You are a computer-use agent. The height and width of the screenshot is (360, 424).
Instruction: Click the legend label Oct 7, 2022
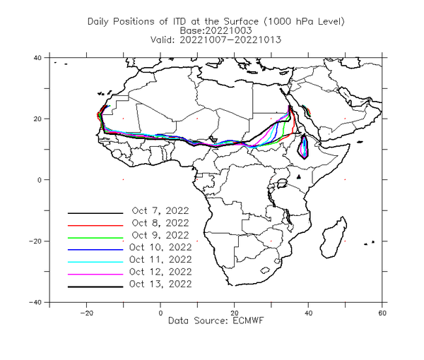tap(160, 210)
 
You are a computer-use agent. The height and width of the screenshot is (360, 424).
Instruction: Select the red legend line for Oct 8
tap(95, 225)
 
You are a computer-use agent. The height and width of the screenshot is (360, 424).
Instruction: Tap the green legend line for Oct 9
tap(95, 238)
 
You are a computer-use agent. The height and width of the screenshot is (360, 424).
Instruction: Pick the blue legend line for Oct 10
tap(95, 250)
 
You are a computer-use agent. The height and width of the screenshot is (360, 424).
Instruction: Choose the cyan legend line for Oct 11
tap(95, 262)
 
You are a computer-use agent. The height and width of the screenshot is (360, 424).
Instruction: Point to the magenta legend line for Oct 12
tap(95, 275)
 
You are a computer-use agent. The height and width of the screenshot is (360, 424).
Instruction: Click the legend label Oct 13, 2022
tap(160, 284)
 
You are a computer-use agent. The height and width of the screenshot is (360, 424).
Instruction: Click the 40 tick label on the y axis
tap(37, 57)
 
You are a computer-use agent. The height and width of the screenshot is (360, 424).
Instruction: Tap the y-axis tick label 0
tap(40, 180)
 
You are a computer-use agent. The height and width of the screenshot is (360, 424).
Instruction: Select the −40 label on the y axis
tap(35, 302)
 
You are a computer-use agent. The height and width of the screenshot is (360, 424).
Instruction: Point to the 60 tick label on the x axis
tap(382, 313)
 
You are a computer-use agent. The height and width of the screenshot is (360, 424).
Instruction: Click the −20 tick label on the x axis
tap(86, 313)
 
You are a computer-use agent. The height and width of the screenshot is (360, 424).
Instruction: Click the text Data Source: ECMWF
tap(216, 320)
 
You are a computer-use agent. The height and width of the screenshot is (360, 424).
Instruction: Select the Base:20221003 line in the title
tap(216, 30)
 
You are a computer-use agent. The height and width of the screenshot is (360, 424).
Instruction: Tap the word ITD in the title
tap(180, 21)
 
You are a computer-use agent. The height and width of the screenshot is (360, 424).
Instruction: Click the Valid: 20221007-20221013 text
tap(216, 40)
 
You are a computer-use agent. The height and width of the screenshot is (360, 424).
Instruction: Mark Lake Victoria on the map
tap(282, 184)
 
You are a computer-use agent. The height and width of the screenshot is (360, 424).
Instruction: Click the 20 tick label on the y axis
tap(37, 119)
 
